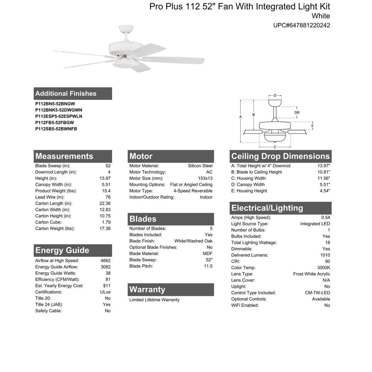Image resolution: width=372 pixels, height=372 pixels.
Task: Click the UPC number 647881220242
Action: (301, 25)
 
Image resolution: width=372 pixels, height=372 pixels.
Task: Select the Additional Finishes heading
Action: (66, 93)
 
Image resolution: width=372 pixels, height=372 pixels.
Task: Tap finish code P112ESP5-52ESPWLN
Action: (59, 116)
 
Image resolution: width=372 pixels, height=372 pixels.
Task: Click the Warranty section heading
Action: (147, 290)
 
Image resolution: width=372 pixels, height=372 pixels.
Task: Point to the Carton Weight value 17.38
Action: (105, 228)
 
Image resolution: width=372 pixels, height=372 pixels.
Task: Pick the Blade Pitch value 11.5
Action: (208, 266)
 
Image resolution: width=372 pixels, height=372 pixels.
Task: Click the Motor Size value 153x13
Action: (205, 178)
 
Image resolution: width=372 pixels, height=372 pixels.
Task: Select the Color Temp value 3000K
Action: (323, 268)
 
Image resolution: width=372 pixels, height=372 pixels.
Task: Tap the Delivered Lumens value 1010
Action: (325, 255)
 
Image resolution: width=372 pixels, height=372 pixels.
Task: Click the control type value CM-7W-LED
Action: (317, 293)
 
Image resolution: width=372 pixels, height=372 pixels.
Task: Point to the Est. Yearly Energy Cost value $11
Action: (106, 286)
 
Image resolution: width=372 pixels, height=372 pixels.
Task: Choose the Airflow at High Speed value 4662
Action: (105, 261)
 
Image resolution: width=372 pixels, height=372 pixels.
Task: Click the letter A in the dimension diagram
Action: (240, 117)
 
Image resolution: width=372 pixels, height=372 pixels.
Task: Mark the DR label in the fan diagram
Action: (297, 113)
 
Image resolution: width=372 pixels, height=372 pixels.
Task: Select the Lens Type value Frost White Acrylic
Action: (311, 274)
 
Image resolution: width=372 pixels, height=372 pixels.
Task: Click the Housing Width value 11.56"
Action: (323, 178)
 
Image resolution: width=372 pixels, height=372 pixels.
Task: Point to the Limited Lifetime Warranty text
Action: (154, 300)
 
